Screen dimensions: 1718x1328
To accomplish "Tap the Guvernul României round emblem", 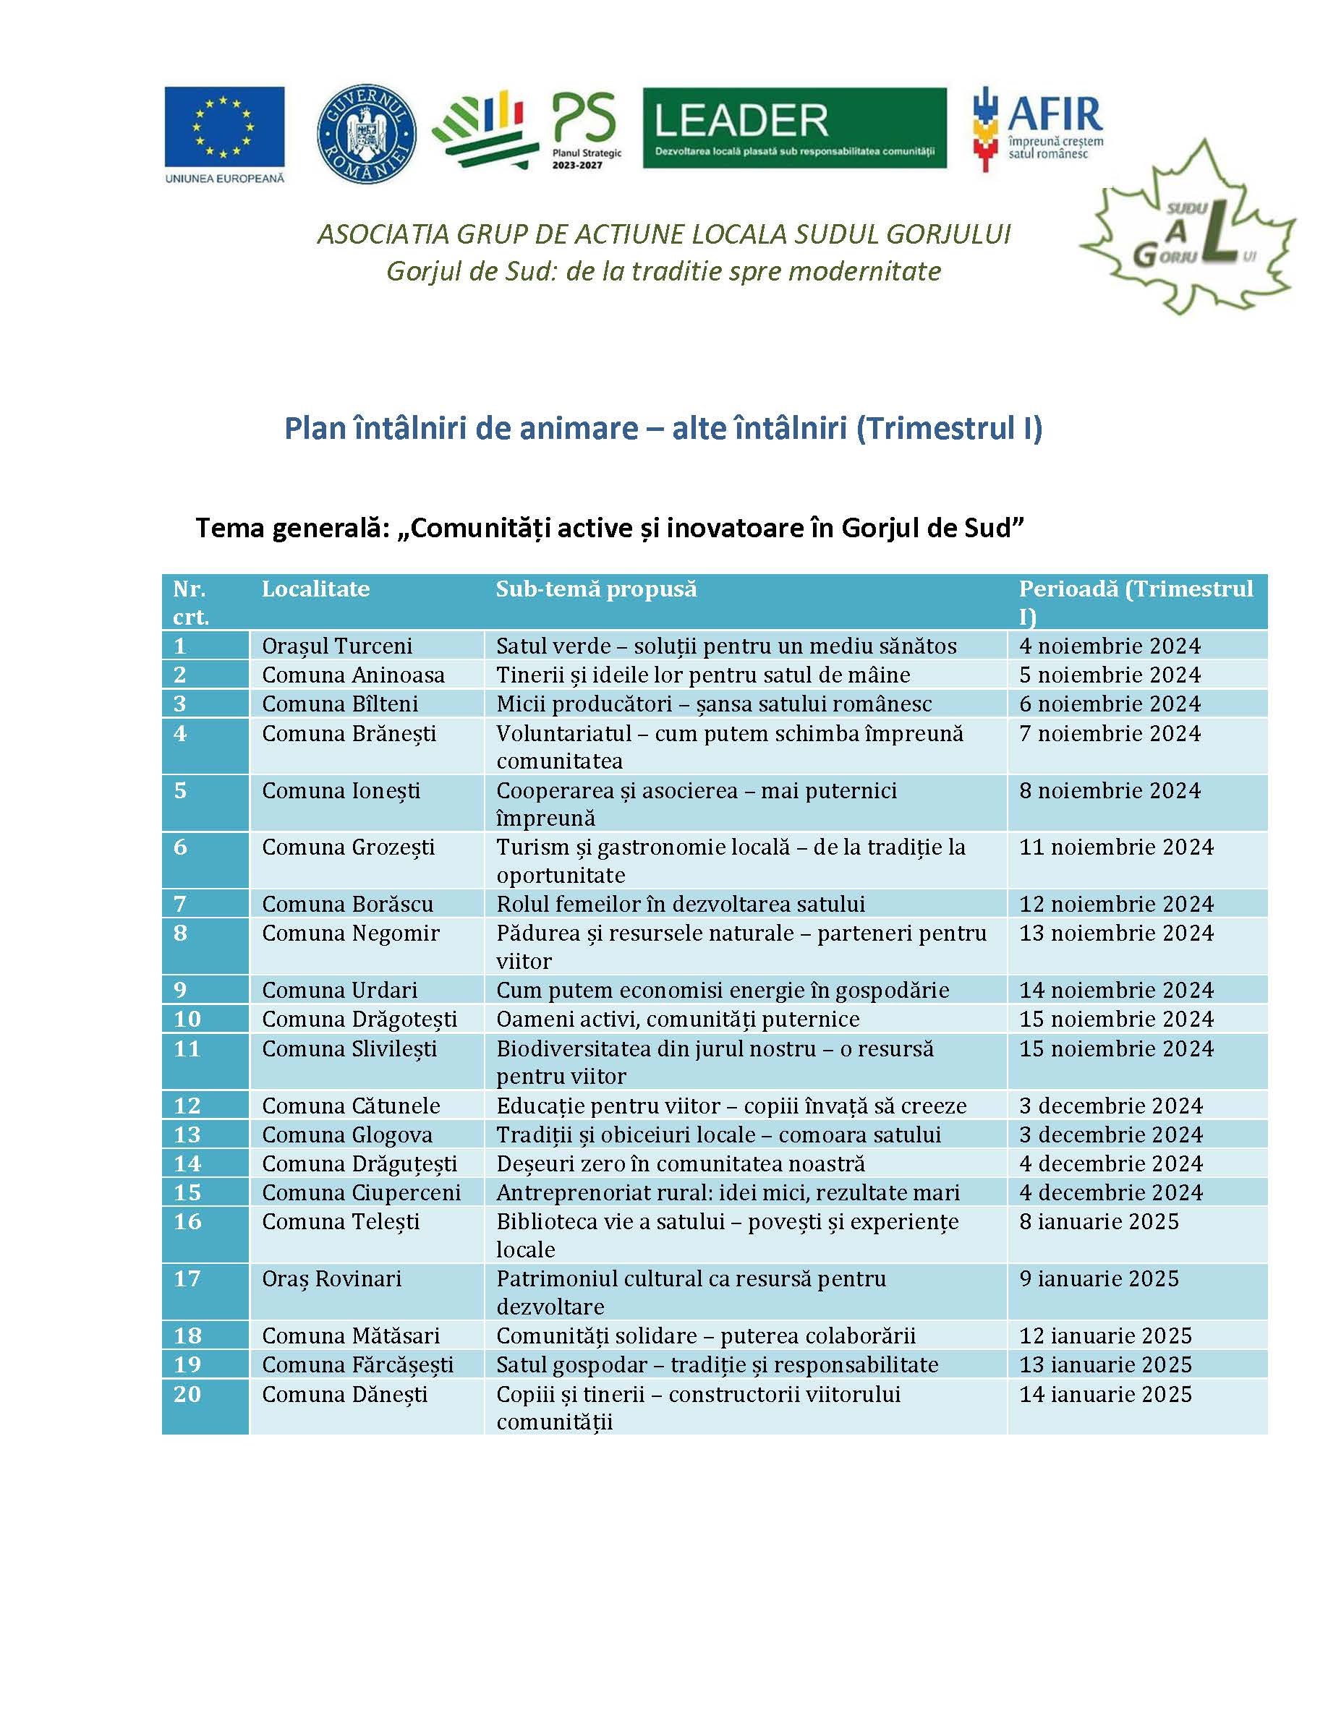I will pyautogui.click(x=367, y=134).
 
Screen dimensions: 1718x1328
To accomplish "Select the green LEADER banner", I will pyautogui.click(x=795, y=127).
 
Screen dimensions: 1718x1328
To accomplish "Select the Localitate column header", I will pyautogui.click(x=315, y=589).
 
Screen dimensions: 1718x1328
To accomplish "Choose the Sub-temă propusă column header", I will pyautogui.click(x=596, y=589).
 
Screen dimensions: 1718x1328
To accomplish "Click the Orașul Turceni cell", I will pyautogui.click(x=337, y=646).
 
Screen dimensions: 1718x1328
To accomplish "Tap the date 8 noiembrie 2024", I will pyautogui.click(x=1110, y=790).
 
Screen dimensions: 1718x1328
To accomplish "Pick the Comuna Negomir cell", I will pyautogui.click(x=350, y=933).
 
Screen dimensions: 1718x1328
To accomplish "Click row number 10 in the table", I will pyautogui.click(x=187, y=1020).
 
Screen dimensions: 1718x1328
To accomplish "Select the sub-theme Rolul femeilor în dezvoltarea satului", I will pyautogui.click(x=681, y=905).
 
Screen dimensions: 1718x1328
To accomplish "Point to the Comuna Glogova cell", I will pyautogui.click(x=347, y=1135).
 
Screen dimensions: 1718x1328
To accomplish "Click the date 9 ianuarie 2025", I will pyautogui.click(x=1099, y=1279).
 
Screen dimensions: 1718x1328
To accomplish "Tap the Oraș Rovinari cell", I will pyautogui.click(x=331, y=1279).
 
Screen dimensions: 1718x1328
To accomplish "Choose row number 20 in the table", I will pyautogui.click(x=187, y=1395).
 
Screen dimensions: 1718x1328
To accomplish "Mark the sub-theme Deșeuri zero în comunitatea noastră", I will pyautogui.click(x=681, y=1164).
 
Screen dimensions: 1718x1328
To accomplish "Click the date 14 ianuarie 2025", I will pyautogui.click(x=1105, y=1395).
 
